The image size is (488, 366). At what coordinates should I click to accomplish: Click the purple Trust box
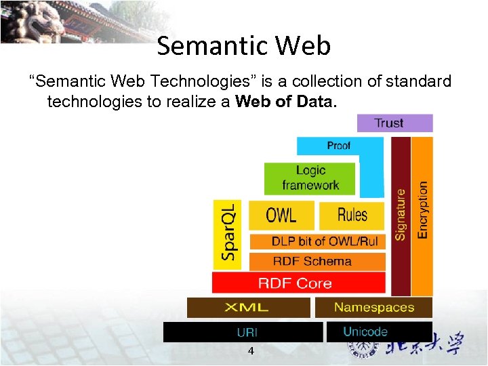394,123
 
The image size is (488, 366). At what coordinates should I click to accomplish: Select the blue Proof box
339,146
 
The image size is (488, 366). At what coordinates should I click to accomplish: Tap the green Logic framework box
310,178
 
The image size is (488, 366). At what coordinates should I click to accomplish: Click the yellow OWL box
281,216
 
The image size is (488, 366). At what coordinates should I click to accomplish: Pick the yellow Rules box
352,216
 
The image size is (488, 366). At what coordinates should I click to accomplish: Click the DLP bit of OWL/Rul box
317,241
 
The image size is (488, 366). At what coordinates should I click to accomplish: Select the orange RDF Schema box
317,262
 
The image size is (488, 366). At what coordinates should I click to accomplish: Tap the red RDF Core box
298,283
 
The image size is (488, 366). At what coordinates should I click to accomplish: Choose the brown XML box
248,307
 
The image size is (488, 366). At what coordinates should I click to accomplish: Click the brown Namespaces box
373,307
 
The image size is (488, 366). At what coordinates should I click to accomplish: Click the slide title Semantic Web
243,46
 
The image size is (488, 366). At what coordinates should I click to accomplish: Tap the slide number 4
251,351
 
